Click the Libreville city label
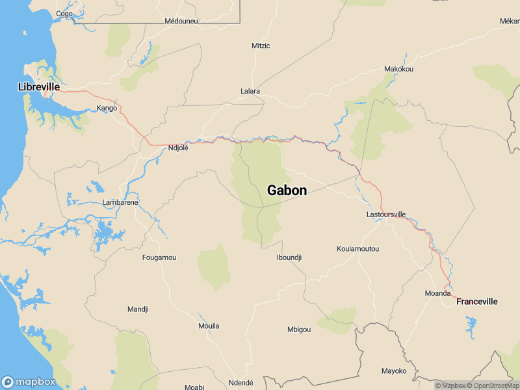[39, 86]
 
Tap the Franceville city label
[476, 302]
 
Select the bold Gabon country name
[287, 190]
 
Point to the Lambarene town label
[120, 203]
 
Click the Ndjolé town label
[177, 148]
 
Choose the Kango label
[107, 108]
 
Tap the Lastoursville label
[386, 214]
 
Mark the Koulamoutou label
[357, 249]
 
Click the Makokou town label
[398, 69]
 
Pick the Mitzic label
[261, 45]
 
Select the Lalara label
[250, 91]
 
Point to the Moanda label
[437, 293]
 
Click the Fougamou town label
[159, 257]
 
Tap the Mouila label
[209, 326]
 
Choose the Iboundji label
[289, 257]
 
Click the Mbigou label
[299, 330]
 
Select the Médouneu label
[181, 21]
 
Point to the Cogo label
[64, 13]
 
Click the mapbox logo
[29, 382]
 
